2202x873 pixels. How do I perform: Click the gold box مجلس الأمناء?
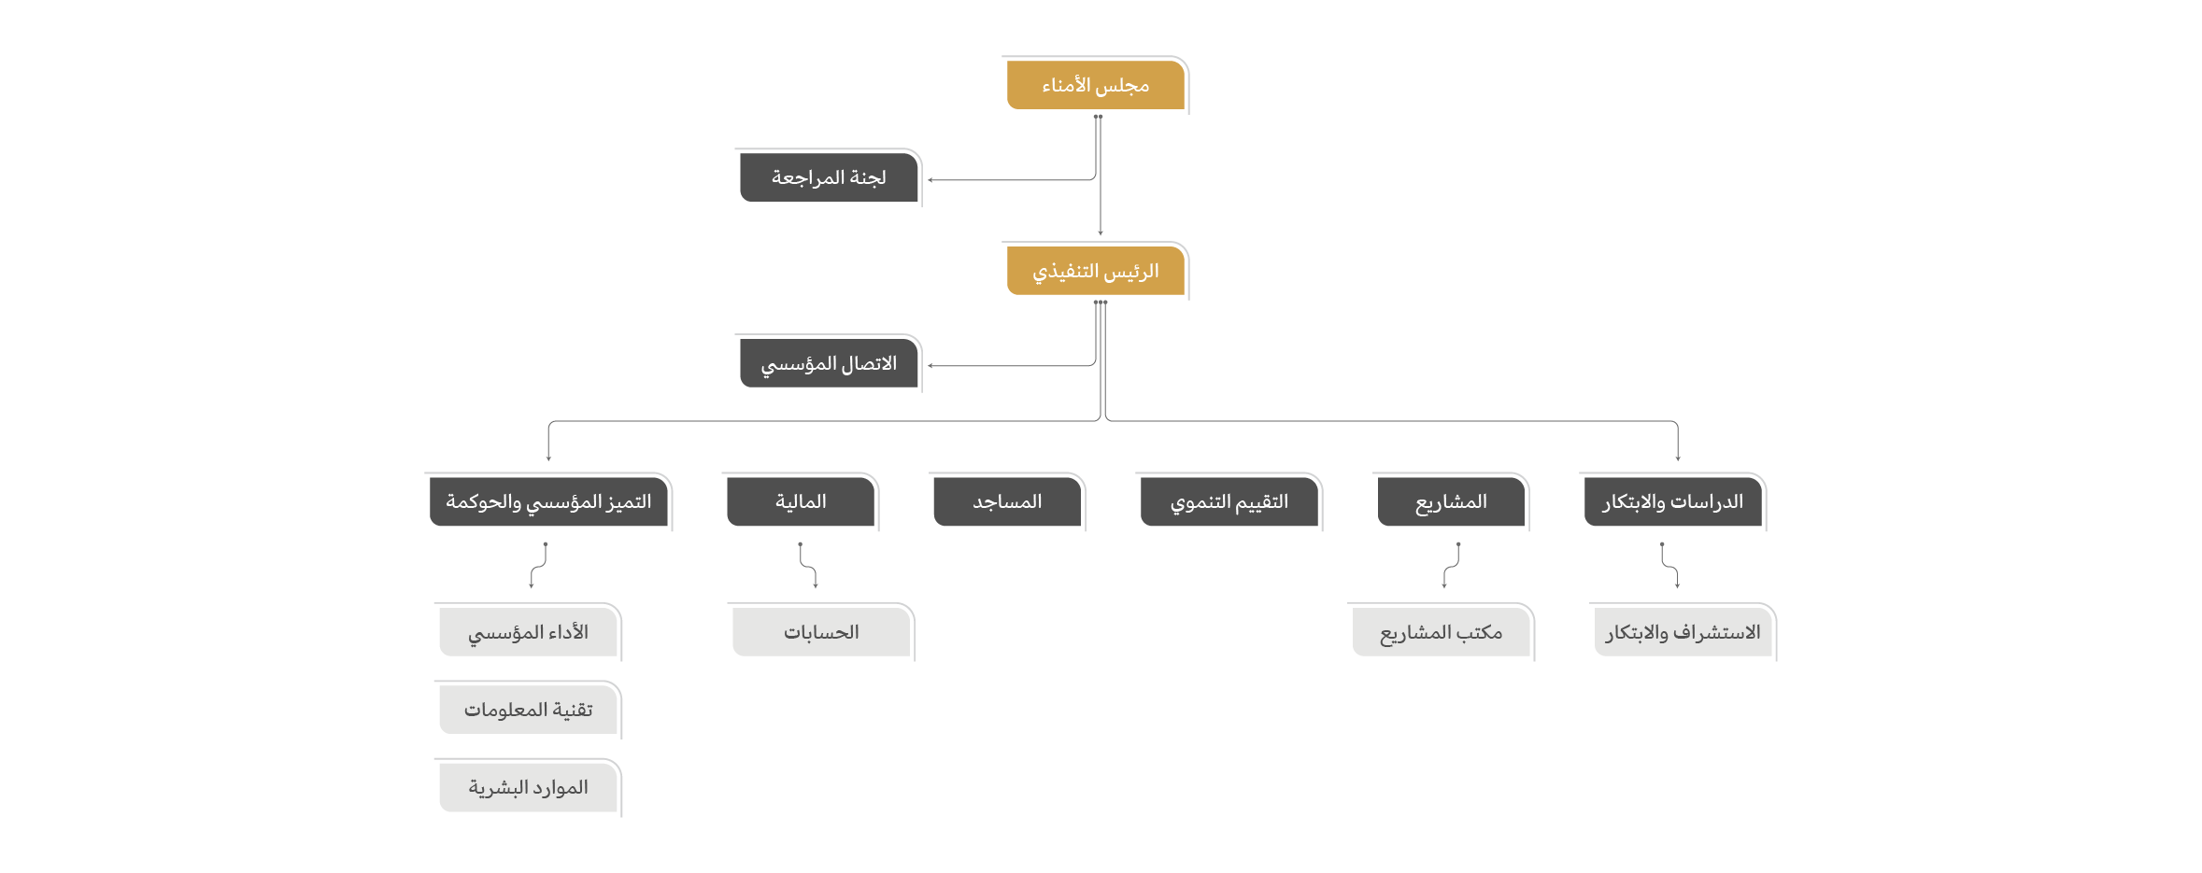[x=1095, y=85]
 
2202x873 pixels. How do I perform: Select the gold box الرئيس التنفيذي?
[x=1095, y=271]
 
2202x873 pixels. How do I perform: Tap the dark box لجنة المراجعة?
[x=829, y=177]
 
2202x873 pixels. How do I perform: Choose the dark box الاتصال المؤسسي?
[x=829, y=363]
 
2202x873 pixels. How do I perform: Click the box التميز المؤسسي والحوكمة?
[x=548, y=501]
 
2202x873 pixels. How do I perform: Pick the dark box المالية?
[x=801, y=501]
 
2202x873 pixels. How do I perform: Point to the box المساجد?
[x=1007, y=501]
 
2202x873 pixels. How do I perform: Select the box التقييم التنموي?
[x=1229, y=501]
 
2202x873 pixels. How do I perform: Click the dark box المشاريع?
[x=1451, y=501]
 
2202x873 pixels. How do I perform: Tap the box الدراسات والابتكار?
[x=1673, y=501]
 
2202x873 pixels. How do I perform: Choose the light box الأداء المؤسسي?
[x=528, y=632]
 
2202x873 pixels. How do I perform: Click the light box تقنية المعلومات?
[x=528, y=710]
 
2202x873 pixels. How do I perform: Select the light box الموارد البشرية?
[x=528, y=787]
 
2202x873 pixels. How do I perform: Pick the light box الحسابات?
[x=821, y=632]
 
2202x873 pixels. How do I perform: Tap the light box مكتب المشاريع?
[x=1441, y=632]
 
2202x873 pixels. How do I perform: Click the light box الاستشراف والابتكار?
[x=1683, y=632]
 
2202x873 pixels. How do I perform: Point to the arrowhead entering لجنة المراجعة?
[x=931, y=179]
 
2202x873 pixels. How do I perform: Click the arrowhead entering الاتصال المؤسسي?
[x=931, y=365]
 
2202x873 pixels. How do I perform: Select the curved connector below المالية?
[x=808, y=566]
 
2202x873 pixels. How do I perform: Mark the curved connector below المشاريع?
[x=1451, y=566]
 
